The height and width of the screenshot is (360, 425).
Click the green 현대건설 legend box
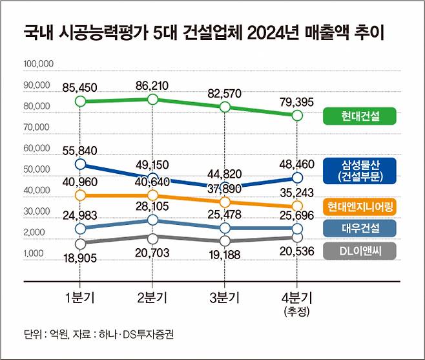point(359,116)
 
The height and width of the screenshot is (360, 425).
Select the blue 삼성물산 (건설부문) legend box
point(359,169)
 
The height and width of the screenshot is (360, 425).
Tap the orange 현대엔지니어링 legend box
point(359,206)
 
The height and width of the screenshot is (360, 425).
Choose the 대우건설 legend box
point(359,228)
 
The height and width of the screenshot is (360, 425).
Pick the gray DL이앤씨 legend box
point(359,250)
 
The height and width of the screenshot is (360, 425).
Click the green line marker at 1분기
point(80,101)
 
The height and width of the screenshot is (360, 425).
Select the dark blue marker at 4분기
point(296,177)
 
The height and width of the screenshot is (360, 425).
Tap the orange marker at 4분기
point(296,206)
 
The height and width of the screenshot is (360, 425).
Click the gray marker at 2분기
point(152,238)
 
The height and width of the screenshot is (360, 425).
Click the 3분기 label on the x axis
point(224,297)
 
